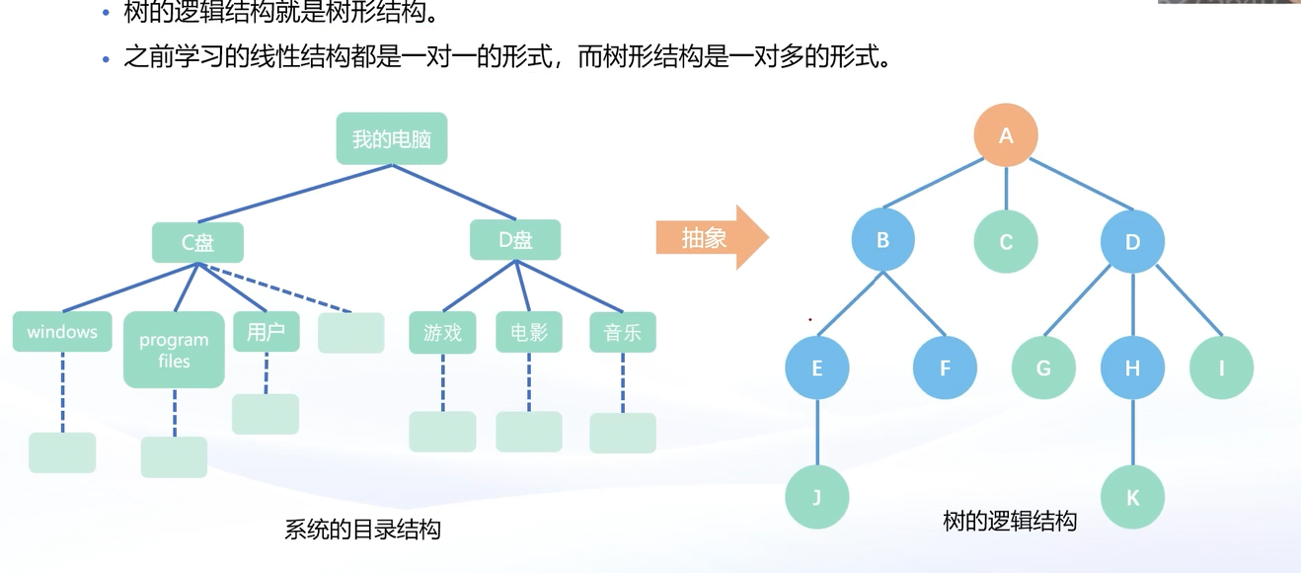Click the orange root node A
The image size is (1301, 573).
(1006, 135)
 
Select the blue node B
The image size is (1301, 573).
(883, 240)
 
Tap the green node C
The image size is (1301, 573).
(1006, 241)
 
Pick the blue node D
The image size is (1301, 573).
(1132, 241)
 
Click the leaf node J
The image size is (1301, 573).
(817, 497)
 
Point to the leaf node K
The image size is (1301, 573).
(1132, 497)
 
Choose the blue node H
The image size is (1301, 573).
(1132, 368)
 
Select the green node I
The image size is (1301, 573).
(1221, 368)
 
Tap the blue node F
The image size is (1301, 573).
(945, 368)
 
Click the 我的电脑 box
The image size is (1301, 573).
(392, 138)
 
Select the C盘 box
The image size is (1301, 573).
(197, 242)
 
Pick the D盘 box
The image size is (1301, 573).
(515, 240)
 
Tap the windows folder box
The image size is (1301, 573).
(62, 332)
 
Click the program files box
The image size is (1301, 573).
(174, 350)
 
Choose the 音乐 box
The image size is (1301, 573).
(622, 333)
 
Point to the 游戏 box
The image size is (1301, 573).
(442, 333)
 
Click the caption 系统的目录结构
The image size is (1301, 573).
(362, 530)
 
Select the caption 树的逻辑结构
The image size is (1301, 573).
(1009, 521)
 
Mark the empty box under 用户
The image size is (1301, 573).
(266, 414)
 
